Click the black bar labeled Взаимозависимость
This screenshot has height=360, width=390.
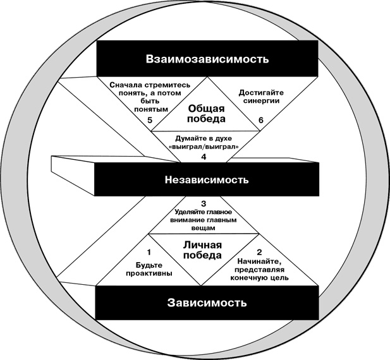tap(207, 59)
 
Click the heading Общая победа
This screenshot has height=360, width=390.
tap(207, 112)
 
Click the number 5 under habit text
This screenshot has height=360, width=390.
tap(150, 120)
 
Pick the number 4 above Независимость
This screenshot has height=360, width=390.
tap(204, 157)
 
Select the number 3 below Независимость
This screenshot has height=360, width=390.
tap(204, 203)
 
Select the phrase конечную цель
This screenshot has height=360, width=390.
tap(263, 277)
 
